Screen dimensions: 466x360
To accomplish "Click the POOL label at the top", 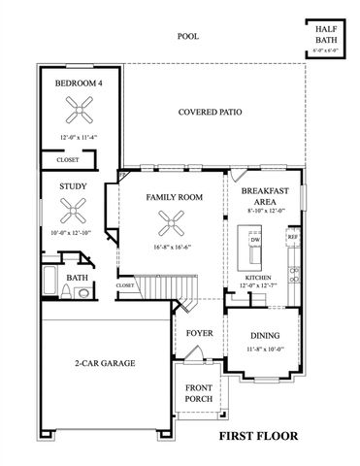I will (187, 36).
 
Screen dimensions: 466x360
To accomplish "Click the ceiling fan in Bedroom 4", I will (78, 109).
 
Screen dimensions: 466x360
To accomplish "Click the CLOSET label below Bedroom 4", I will (67, 159).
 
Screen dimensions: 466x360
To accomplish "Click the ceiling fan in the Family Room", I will (174, 223).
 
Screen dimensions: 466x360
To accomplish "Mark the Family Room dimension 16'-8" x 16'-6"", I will (173, 248).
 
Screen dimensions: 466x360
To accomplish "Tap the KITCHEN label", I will (258, 278).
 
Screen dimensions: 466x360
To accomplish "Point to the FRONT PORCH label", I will (199, 392).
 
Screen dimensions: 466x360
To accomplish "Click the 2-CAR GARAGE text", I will (104, 363).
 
